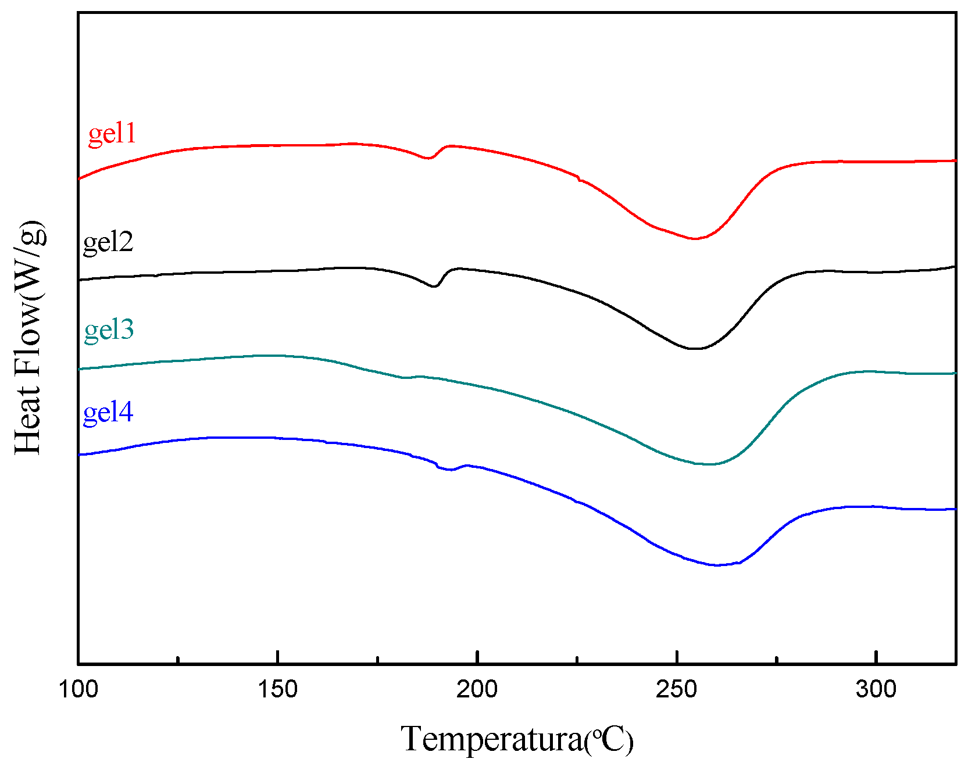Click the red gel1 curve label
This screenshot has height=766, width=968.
112,134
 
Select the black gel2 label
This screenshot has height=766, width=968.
108,242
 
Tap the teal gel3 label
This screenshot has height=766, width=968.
109,330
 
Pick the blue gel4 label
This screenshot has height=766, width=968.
108,413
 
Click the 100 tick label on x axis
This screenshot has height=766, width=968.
78,689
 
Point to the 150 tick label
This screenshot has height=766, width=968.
278,689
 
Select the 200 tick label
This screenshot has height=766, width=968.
477,689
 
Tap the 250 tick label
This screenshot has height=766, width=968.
677,689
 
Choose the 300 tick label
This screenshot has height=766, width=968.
876,689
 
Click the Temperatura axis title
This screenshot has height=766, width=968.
517,739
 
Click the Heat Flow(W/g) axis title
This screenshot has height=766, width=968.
29,337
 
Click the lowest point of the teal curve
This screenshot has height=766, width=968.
709,464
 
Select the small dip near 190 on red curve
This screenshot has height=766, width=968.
428,158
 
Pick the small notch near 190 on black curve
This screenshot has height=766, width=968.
434,286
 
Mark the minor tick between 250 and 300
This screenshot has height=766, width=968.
777,660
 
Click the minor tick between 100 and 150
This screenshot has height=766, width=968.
178,660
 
